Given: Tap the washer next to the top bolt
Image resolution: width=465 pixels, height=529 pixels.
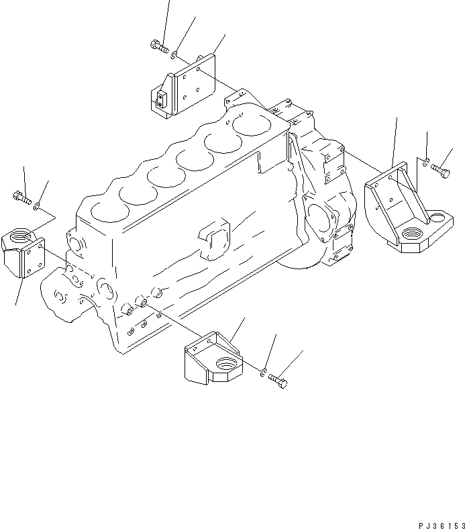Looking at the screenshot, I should click(174, 54).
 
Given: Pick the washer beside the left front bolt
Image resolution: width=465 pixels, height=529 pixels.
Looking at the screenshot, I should click(38, 205).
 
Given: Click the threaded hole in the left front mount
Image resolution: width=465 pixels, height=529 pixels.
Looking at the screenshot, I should click(17, 237).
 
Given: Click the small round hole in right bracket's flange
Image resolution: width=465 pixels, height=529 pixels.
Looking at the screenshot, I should click(437, 217).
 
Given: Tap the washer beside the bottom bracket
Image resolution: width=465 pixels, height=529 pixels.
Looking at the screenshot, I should click(265, 371).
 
